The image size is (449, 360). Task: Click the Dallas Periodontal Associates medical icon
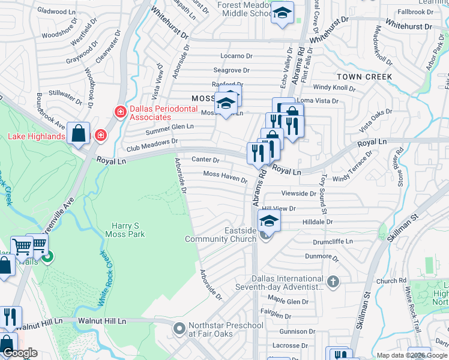click(121, 112)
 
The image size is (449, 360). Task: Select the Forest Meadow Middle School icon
click(282, 13)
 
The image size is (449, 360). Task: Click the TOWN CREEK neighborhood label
click(364, 77)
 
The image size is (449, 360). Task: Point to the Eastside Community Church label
click(221, 234)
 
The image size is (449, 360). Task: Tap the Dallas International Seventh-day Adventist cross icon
click(333, 281)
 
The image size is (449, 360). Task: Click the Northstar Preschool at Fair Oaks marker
click(179, 329)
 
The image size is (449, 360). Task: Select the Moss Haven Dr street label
click(225, 176)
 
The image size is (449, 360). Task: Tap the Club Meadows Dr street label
click(152, 145)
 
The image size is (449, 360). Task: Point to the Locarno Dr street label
click(237, 56)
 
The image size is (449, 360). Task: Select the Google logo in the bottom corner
click(20, 353)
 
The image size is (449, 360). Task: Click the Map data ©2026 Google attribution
click(412, 355)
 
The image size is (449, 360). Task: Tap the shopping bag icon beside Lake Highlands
click(79, 133)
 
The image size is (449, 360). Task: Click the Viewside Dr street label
click(299, 194)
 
